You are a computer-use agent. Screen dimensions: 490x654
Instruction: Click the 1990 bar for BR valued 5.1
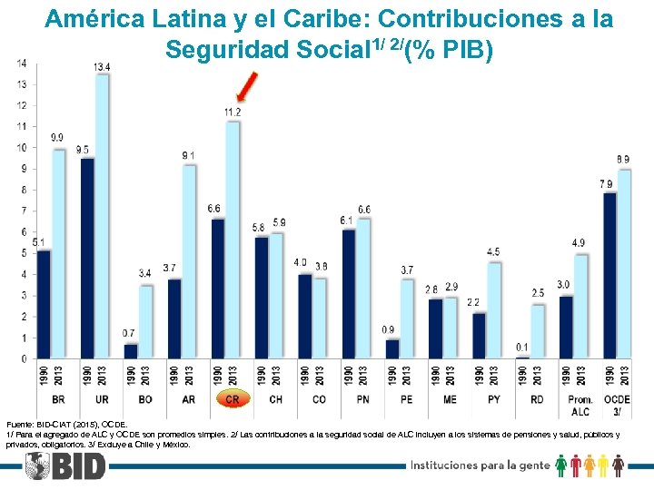pyautogui.click(x=43, y=304)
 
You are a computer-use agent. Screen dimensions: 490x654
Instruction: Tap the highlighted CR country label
pyautogui.click(x=233, y=399)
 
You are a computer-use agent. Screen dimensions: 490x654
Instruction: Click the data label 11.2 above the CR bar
pyautogui.click(x=233, y=112)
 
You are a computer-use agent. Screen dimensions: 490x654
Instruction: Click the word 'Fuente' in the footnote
pyautogui.click(x=20, y=424)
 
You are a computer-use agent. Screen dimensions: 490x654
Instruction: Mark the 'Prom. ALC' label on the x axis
pyautogui.click(x=580, y=405)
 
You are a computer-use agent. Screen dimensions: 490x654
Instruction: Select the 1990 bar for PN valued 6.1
pyautogui.click(x=349, y=293)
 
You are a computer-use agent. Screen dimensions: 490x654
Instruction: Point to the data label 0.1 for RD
pyautogui.click(x=521, y=348)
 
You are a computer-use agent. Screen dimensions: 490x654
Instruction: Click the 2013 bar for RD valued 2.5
pyautogui.click(x=538, y=331)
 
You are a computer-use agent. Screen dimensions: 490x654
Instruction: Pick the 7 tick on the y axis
pyautogui.click(x=22, y=211)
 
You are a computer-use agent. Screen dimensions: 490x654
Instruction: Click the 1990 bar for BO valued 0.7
pyautogui.click(x=131, y=351)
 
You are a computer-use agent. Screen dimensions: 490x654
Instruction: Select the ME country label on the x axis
pyautogui.click(x=451, y=399)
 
